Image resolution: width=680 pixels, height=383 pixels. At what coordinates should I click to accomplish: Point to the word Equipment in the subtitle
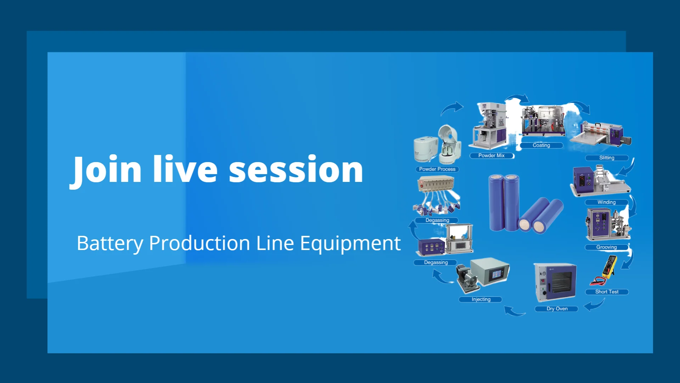click(x=350, y=244)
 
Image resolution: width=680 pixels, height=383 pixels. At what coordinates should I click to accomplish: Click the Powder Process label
click(x=437, y=169)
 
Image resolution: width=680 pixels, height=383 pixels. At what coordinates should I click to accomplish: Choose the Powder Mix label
click(x=491, y=155)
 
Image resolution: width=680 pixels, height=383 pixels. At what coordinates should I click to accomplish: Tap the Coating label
click(x=541, y=145)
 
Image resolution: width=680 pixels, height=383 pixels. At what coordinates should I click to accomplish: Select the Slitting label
click(x=607, y=158)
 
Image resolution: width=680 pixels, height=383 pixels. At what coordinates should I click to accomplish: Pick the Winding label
click(x=607, y=202)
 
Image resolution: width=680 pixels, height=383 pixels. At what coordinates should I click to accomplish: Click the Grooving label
click(x=607, y=247)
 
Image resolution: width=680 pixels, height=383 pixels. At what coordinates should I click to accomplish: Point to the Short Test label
click(x=607, y=292)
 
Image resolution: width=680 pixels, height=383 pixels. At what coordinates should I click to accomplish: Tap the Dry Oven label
click(x=557, y=309)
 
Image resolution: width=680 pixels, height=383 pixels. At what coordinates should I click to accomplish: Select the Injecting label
click(x=481, y=299)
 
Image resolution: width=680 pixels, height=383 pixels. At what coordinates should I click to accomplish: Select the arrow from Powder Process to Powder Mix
click(x=452, y=108)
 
